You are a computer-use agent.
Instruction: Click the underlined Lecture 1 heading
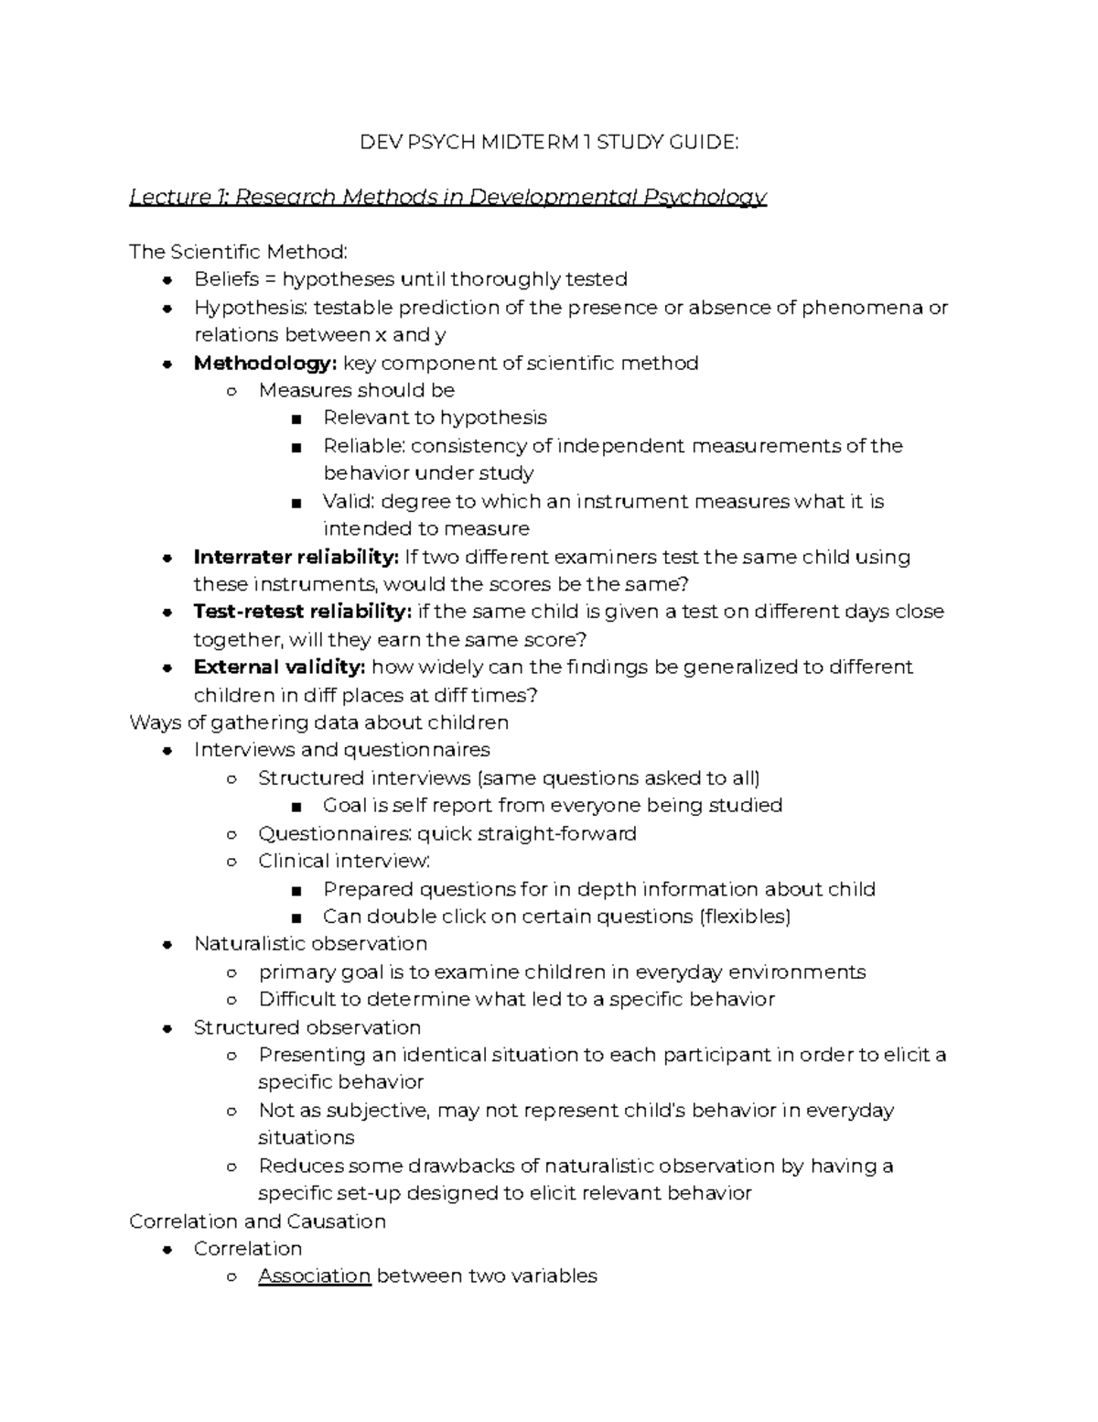(x=447, y=197)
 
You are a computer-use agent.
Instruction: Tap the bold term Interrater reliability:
(x=296, y=557)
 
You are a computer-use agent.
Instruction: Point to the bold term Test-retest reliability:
(x=302, y=612)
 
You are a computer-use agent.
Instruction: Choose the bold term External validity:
(x=279, y=667)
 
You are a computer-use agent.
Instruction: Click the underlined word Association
(x=314, y=1275)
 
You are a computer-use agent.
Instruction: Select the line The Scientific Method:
(x=238, y=252)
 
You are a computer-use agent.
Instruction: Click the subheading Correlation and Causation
(x=257, y=1221)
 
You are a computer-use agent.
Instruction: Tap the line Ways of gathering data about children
(x=318, y=722)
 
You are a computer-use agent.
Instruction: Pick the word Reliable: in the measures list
(x=364, y=446)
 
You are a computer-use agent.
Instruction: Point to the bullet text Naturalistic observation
(x=310, y=943)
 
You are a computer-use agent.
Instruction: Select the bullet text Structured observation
(x=307, y=1027)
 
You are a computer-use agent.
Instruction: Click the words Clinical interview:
(x=344, y=861)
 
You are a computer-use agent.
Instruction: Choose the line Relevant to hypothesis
(x=435, y=418)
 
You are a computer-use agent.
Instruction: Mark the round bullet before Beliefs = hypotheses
(x=167, y=280)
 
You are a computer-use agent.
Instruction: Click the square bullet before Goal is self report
(x=295, y=807)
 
